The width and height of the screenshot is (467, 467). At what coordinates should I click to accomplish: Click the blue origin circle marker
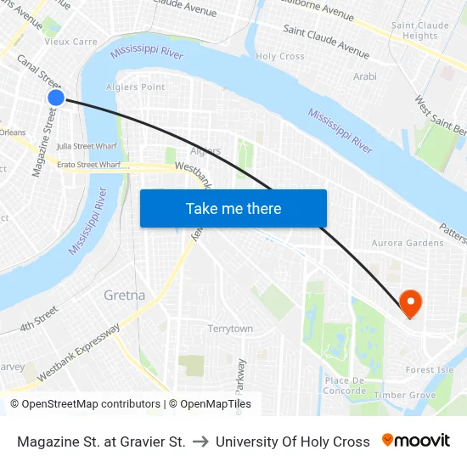(x=56, y=98)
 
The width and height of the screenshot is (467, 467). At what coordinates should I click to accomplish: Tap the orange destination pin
(x=411, y=301)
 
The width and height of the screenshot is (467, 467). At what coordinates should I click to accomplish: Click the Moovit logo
(x=416, y=441)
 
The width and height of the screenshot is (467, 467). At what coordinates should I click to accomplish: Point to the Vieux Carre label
(x=70, y=41)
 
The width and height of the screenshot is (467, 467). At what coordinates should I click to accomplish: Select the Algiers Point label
(x=135, y=87)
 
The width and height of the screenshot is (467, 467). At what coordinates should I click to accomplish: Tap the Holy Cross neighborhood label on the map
(x=279, y=57)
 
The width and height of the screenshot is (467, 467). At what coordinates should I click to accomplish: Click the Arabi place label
(x=364, y=76)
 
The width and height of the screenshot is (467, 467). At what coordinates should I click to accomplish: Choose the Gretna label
(x=124, y=295)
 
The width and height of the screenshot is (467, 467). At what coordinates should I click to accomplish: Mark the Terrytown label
(x=230, y=329)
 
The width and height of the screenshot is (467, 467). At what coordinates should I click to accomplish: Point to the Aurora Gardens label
(x=407, y=243)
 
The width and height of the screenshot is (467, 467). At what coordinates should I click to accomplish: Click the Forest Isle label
(x=429, y=370)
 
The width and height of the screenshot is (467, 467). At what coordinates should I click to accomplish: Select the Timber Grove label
(x=404, y=395)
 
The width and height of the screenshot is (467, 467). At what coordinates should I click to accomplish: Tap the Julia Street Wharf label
(x=87, y=146)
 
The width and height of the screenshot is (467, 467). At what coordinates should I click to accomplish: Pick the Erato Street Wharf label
(x=88, y=164)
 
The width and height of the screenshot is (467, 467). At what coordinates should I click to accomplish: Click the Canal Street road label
(x=39, y=72)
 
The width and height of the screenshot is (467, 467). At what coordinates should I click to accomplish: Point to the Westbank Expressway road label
(x=81, y=349)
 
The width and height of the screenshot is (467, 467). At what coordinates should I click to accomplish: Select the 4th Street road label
(x=39, y=319)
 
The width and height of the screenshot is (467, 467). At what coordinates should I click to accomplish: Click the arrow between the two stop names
(x=200, y=442)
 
